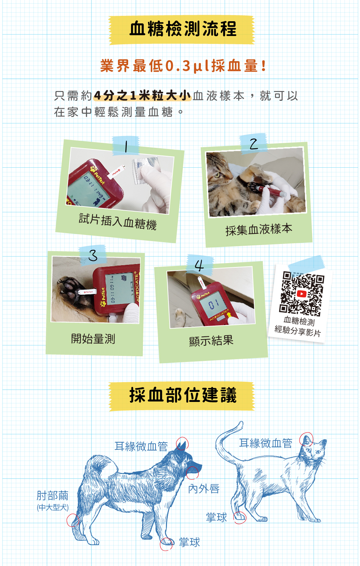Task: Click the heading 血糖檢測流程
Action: tap(183, 28)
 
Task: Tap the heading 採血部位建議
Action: tap(183, 395)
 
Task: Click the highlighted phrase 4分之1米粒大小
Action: tap(142, 95)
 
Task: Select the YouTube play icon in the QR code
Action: tap(302, 294)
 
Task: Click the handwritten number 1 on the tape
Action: tap(126, 146)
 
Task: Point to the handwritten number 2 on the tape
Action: tap(253, 144)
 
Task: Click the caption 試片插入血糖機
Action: tap(118, 222)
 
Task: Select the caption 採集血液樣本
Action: tap(259, 229)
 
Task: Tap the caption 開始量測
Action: tap(93, 339)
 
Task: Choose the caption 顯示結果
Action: tap(211, 341)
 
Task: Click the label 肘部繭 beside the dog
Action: tap(52, 495)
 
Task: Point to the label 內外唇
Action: tap(204, 489)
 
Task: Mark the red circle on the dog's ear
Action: tap(183, 443)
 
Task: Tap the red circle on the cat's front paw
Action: tap(240, 518)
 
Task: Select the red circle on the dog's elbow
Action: tap(73, 520)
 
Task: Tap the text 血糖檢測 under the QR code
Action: tap(299, 321)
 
